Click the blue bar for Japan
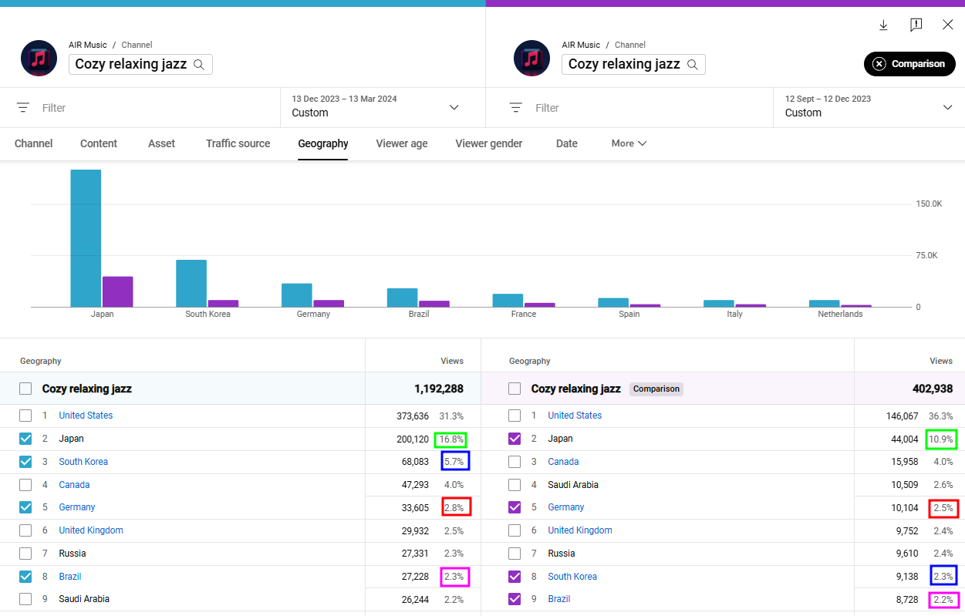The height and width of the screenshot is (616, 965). click(86, 238)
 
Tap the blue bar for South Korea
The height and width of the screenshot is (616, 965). click(191, 283)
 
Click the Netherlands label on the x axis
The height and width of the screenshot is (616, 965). click(840, 314)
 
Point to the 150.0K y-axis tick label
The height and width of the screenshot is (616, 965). click(929, 204)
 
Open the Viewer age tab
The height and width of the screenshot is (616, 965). click(401, 143)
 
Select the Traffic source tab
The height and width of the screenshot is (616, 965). click(238, 143)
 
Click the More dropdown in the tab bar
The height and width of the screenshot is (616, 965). click(629, 143)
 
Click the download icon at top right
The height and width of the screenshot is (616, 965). click(883, 25)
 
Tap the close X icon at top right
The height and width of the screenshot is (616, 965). click(947, 25)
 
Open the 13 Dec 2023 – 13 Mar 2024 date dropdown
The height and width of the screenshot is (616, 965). click(376, 106)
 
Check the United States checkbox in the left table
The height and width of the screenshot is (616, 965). click(25, 416)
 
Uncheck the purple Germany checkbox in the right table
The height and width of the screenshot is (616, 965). click(515, 507)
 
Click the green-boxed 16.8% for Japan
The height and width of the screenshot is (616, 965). click(450, 439)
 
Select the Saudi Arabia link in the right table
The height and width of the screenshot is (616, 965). click(572, 485)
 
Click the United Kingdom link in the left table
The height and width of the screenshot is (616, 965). click(90, 530)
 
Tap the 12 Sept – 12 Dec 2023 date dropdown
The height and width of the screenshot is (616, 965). click(869, 106)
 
